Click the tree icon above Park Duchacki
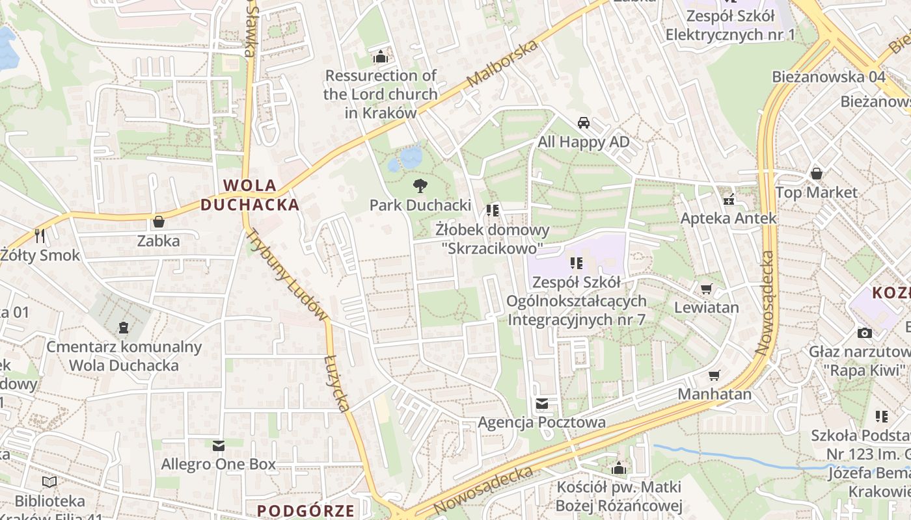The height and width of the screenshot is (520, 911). pos(420,186)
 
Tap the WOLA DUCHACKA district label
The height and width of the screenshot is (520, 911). pos(250,195)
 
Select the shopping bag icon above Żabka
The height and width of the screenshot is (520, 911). pos(158,222)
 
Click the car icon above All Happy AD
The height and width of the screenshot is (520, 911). pos(584,123)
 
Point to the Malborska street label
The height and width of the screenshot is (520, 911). pos(503,64)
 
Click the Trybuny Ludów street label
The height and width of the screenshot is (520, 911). pos(288,275)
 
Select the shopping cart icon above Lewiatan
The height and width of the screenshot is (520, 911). pos(706,289)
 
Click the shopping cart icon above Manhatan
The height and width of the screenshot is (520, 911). pos(714,375)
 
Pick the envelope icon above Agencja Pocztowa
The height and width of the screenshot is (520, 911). pos(541,404)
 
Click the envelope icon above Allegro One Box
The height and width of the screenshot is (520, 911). pos(218,445)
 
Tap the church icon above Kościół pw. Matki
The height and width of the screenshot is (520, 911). pos(618,468)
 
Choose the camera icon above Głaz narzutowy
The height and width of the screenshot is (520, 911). pos(864,333)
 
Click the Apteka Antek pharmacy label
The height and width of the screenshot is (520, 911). pos(728,218)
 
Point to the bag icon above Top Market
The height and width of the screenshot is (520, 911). pos(816,174)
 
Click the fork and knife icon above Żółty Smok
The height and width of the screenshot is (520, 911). pos(40,235)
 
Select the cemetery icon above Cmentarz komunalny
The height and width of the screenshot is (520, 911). pos(124,328)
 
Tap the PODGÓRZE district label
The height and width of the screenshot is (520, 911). pos(306,510)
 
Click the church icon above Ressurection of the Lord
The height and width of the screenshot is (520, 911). pos(380,57)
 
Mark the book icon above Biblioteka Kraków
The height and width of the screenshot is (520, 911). pos(49,482)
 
